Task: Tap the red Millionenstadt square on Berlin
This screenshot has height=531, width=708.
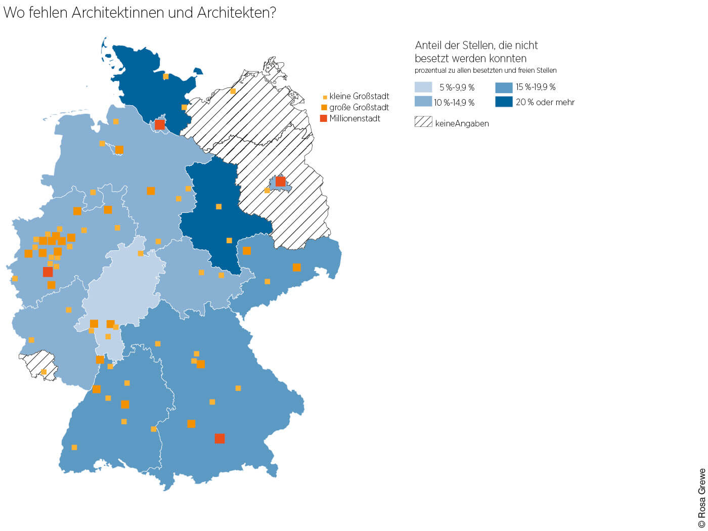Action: pos(280,182)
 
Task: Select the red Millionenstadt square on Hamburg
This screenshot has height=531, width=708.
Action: pos(160,124)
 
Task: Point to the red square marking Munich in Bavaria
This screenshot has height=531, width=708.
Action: pos(219,438)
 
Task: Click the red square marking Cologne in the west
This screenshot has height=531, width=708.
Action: pos(48,272)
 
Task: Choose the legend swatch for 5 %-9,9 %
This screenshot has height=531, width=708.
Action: pos(423,87)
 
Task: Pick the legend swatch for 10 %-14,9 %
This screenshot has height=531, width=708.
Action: pos(423,102)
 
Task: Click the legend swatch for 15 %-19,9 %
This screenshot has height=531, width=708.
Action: pos(504,87)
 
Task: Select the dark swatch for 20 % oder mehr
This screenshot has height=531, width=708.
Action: pos(504,102)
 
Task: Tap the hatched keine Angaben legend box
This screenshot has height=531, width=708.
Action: pos(423,122)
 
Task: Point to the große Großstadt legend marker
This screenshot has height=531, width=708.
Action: pos(324,107)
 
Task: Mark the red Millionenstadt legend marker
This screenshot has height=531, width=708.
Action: pos(324,118)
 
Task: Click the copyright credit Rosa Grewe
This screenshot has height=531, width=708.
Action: pos(701,498)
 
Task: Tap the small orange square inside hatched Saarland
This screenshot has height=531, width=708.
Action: pos(43,372)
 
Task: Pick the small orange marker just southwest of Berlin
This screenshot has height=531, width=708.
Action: pos(267,191)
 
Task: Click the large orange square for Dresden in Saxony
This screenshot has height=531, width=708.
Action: pos(296,267)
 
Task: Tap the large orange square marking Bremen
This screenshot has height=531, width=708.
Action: pos(119,149)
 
